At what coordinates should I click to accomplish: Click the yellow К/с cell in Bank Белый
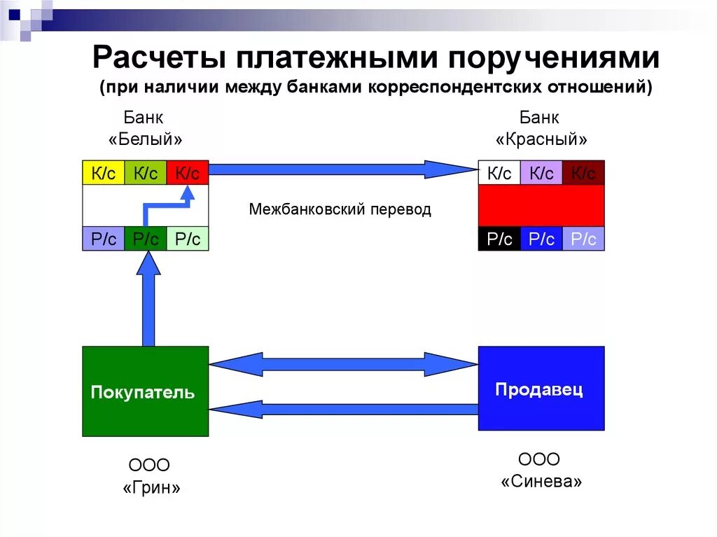pyautogui.click(x=104, y=173)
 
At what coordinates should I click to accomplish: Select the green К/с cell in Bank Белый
pyautogui.click(x=146, y=173)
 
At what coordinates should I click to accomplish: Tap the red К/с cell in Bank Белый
pyautogui.click(x=188, y=173)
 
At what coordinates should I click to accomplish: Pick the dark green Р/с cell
pyautogui.click(x=146, y=239)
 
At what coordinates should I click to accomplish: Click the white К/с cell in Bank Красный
pyautogui.click(x=499, y=173)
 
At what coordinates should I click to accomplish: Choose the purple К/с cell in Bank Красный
pyautogui.click(x=541, y=173)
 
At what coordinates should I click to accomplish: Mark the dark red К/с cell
pyautogui.click(x=583, y=173)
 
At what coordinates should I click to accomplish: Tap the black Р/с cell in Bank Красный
pyautogui.click(x=499, y=239)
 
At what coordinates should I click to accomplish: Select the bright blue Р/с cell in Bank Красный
pyautogui.click(x=541, y=239)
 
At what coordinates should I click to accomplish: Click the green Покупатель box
pyautogui.click(x=146, y=391)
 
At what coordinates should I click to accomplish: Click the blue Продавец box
pyautogui.click(x=541, y=389)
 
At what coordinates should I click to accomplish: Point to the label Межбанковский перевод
pyautogui.click(x=340, y=209)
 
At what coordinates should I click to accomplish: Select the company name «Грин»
pyautogui.click(x=151, y=488)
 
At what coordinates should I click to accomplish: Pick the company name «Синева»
pyautogui.click(x=541, y=482)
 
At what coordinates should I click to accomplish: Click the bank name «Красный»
pyautogui.click(x=541, y=139)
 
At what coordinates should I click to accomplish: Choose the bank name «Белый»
pyautogui.click(x=146, y=139)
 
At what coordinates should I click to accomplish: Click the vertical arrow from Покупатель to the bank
pyautogui.click(x=148, y=301)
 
